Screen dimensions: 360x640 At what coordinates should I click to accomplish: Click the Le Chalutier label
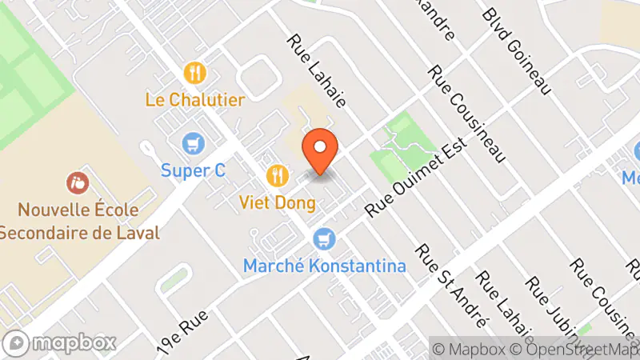[x=195, y=100]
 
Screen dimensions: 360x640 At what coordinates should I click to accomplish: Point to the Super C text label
[x=193, y=170]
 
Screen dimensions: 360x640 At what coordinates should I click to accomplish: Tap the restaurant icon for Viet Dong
[x=277, y=174]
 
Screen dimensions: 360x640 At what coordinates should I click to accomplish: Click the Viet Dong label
[x=277, y=202]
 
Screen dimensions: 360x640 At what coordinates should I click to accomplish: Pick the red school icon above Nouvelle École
[x=78, y=183]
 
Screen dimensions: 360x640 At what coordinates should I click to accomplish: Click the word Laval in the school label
[x=136, y=233]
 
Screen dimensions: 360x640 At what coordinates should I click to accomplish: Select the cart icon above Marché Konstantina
[x=324, y=238]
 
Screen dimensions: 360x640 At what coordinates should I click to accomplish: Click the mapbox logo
[x=61, y=342]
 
